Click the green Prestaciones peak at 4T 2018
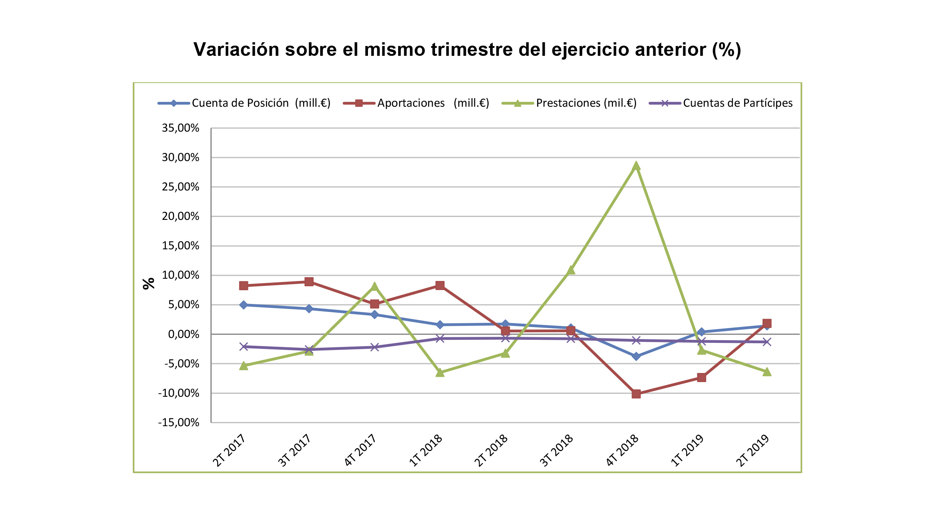pos(636,166)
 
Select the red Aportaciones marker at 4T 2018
pos(636,394)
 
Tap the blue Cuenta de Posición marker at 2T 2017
pos(244,305)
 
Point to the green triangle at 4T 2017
pos(374,287)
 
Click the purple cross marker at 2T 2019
pos(767,342)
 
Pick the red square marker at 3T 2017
pos(309,282)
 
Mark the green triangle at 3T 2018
pos(571,270)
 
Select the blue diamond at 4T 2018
pos(636,356)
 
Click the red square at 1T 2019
pos(701,378)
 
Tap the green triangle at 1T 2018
pos(440,373)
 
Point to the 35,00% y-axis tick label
pos(180,128)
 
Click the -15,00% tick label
pos(179,422)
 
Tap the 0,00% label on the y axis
pos(183,334)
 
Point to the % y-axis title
pos(149,283)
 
